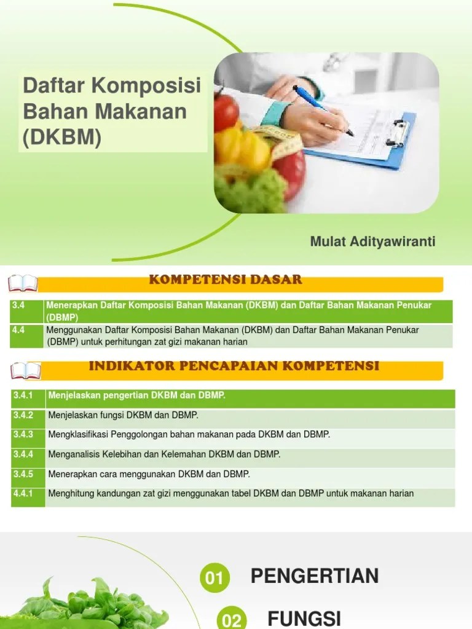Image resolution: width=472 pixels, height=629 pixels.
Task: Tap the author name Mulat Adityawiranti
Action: (373, 241)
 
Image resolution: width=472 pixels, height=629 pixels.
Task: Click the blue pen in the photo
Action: (322, 110)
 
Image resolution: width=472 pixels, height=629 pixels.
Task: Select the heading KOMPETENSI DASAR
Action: (226, 280)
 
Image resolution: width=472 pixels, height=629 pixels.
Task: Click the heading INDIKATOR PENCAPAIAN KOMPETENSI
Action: (234, 366)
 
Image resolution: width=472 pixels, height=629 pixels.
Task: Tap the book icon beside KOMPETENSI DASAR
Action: (23, 283)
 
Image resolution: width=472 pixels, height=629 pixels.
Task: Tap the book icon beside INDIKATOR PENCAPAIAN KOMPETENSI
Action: (26, 370)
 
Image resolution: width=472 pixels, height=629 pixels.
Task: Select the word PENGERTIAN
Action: (314, 576)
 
